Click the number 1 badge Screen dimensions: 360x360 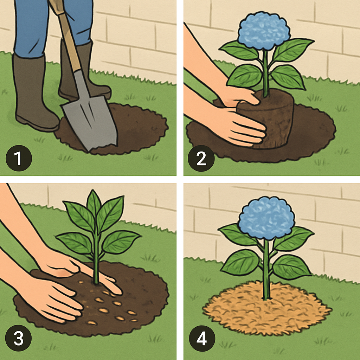pyautogui.click(x=19, y=158)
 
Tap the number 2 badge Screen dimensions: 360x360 pyautogui.click(x=201, y=158)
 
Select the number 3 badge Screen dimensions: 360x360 pyautogui.click(x=18, y=338)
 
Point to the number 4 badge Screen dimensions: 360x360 pyautogui.click(x=202, y=339)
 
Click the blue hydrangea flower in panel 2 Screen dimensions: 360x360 pyautogui.click(x=264, y=31)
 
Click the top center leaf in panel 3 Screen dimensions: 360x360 pyautogui.click(x=94, y=203)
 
